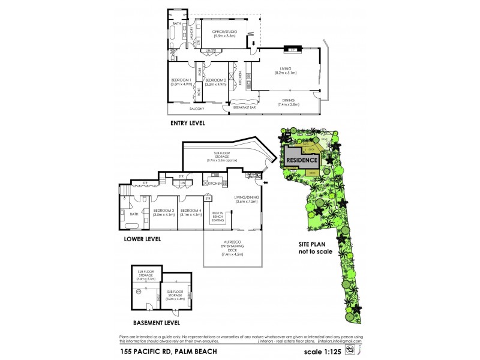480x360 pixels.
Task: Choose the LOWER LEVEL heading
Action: [143, 239]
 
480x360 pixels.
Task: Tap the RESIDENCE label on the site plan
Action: [301, 160]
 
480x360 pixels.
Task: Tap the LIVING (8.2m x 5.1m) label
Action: [284, 71]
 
